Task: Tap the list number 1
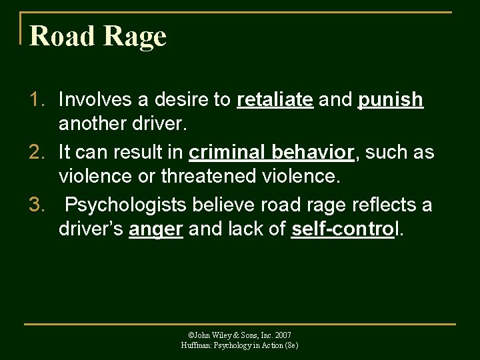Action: pyautogui.click(x=36, y=100)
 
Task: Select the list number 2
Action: pyautogui.click(x=36, y=152)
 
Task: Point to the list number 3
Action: pyautogui.click(x=36, y=204)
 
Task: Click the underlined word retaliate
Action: pyautogui.click(x=275, y=100)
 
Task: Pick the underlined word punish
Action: pyautogui.click(x=391, y=100)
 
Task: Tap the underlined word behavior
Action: pyautogui.click(x=313, y=152)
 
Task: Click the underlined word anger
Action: pyautogui.click(x=156, y=230)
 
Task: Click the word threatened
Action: pyautogui.click(x=203, y=178)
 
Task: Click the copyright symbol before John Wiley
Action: pyautogui.click(x=191, y=335)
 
